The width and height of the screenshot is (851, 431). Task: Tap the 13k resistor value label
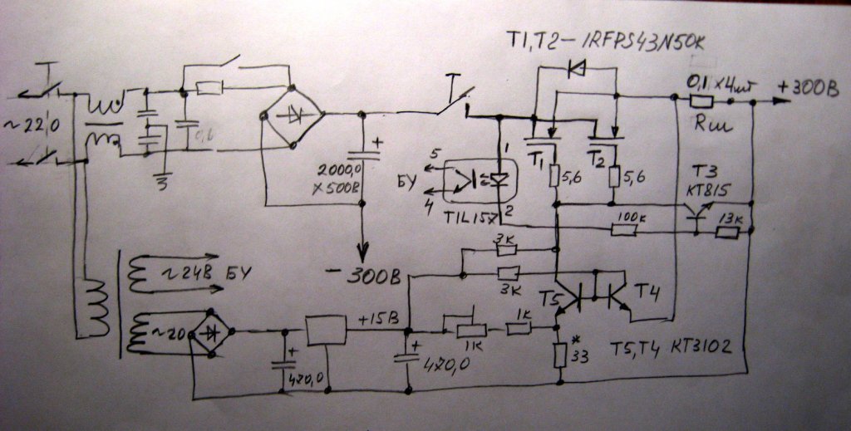[x=732, y=218]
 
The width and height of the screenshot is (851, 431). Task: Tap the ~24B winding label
[x=196, y=269]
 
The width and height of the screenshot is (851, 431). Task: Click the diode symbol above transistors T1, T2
[x=574, y=70]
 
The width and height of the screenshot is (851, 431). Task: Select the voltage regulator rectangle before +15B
[x=326, y=331]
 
